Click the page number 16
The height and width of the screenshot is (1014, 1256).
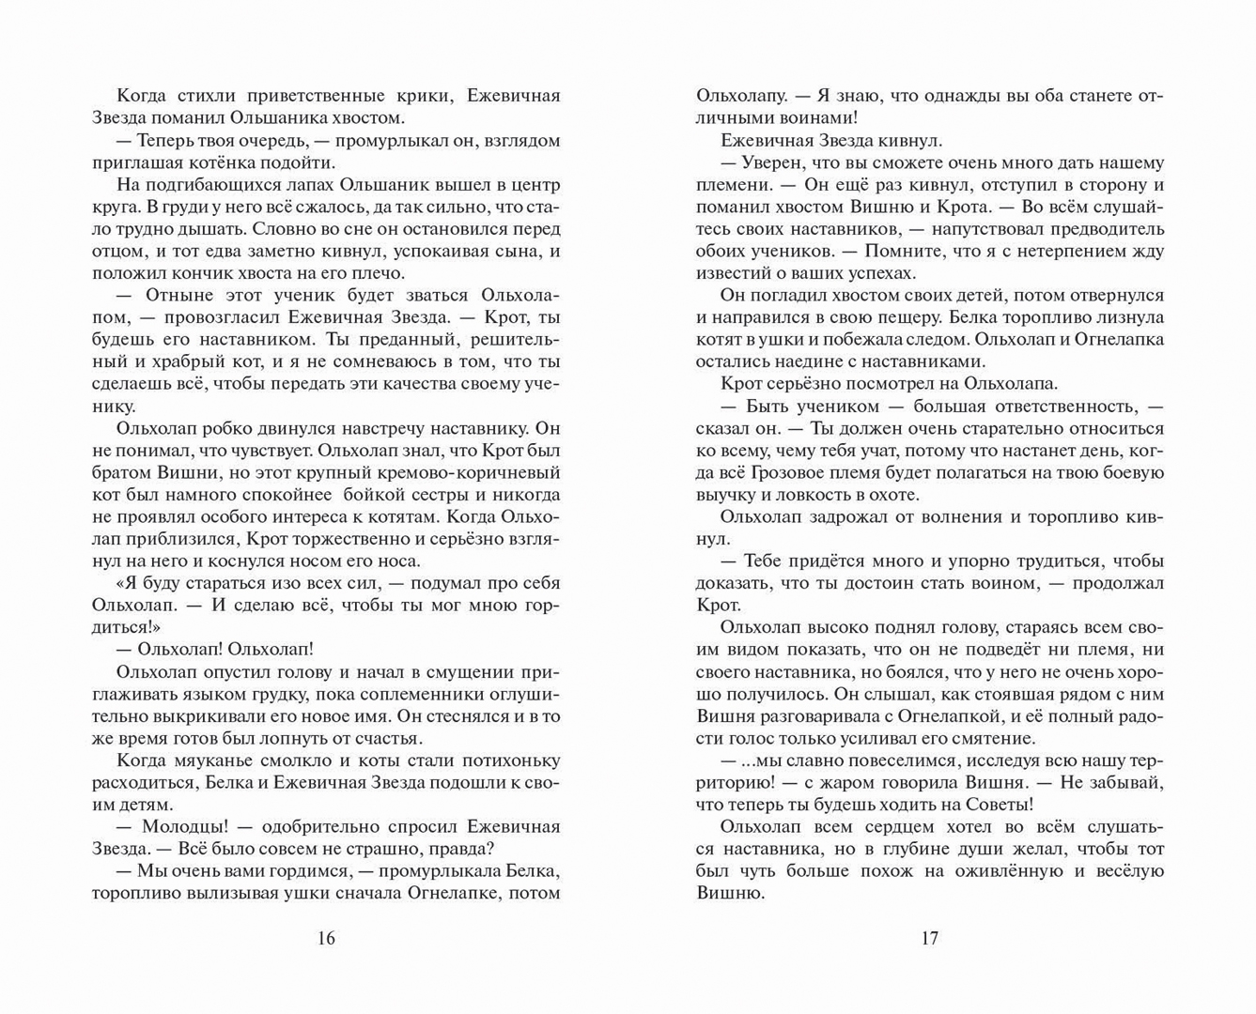[x=326, y=938]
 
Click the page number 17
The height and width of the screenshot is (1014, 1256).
[x=929, y=938]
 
